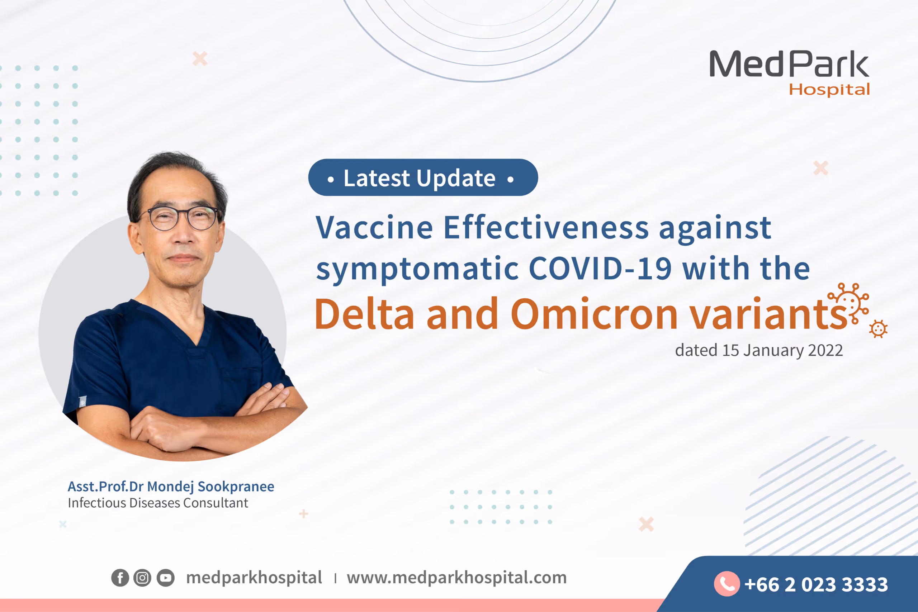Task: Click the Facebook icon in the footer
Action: pos(120,578)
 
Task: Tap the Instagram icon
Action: pos(142,578)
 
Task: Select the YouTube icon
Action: pos(165,578)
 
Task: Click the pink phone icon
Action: pos(727,584)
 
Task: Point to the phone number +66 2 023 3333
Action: pos(816,584)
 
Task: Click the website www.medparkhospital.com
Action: pos(456,578)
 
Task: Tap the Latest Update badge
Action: pos(423,177)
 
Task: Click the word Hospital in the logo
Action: pos(829,90)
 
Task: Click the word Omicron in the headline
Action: pos(594,314)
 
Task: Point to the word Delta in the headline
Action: pos(364,314)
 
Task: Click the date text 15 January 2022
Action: pos(782,350)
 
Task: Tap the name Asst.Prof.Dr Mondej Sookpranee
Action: pos(171,486)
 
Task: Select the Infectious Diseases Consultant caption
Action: pos(158,503)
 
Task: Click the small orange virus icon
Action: pos(878,329)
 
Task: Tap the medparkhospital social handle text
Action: pos(254,578)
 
